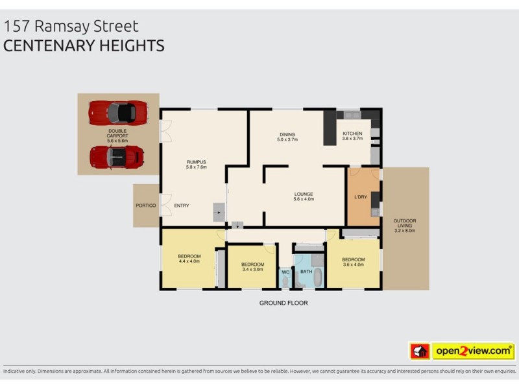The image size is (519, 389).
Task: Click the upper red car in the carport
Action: click(117, 113)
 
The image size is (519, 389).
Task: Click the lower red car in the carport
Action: click(117, 156)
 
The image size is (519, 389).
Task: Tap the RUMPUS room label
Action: click(196, 163)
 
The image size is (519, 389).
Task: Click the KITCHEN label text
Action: click(352, 134)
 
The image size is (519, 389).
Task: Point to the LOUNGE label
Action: click(303, 193)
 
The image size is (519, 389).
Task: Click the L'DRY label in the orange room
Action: click(361, 196)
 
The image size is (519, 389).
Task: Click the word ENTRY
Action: click(182, 206)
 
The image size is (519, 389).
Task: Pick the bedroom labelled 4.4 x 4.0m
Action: click(189, 257)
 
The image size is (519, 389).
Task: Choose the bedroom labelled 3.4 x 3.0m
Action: click(252, 265)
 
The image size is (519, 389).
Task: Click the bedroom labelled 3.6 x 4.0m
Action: click(354, 259)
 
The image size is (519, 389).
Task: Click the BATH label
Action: click(306, 271)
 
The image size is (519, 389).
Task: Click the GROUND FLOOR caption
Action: click(284, 303)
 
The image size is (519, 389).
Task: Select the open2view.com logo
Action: click(473, 351)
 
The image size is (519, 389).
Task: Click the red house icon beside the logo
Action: click(419, 351)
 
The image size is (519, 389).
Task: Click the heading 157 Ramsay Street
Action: click(71, 27)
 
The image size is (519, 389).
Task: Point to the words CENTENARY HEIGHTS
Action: click(84, 46)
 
